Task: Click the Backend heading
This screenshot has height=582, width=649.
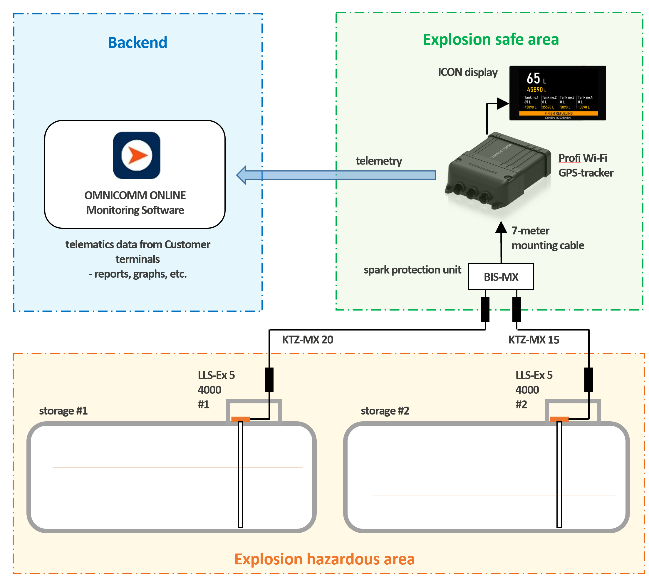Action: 137,43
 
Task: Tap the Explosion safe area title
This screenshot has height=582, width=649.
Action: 491,40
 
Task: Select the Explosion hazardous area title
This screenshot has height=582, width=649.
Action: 324,559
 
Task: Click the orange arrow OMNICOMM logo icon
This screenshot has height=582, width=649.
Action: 137,155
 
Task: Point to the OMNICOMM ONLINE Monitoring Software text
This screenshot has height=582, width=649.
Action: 135,203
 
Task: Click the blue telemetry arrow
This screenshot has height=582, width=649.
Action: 336,175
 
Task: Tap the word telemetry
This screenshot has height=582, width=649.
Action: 379,161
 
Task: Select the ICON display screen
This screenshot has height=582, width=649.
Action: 558,93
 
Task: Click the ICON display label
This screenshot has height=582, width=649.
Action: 468,73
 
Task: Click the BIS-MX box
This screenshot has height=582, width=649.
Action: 501,277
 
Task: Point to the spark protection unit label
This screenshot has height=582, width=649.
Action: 412,270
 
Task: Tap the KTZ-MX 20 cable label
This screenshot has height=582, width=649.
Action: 308,340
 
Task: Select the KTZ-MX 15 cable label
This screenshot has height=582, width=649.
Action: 534,340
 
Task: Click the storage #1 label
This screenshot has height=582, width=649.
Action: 63,411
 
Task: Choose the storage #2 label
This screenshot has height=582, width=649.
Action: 385,411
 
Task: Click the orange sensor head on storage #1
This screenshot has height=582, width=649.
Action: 240,419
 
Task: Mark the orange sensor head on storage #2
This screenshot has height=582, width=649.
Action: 559,419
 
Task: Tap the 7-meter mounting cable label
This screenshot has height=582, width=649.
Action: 548,238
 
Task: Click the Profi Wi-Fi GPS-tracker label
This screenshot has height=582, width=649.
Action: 586,165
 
